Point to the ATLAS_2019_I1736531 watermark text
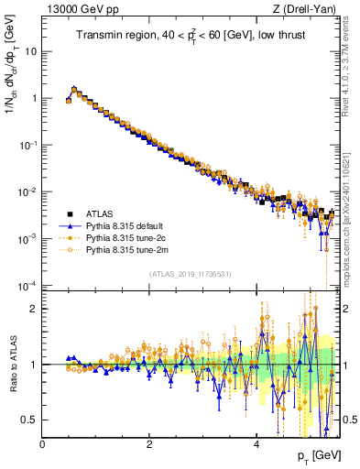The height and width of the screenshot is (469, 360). coord(188,274)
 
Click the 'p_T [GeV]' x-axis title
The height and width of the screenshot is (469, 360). coord(313,455)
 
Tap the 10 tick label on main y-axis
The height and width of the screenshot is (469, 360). coord(30,51)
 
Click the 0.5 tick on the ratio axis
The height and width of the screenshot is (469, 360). coord(30,420)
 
